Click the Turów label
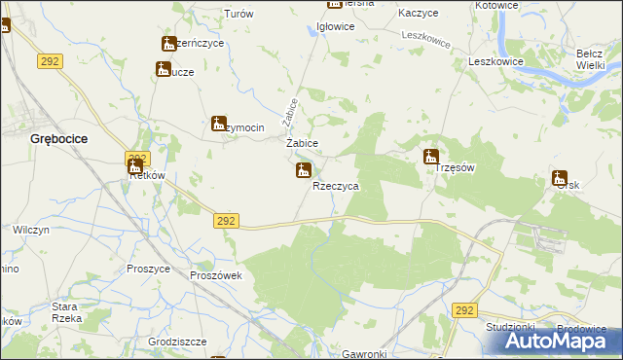(238, 15)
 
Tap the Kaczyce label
(419, 14)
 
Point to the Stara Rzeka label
(65, 311)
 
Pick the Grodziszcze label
(153, 342)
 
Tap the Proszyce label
(148, 269)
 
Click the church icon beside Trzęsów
(430, 157)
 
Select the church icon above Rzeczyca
(303, 171)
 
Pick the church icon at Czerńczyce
(169, 43)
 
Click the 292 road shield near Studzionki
(464, 310)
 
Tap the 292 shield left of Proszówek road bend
(226, 222)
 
